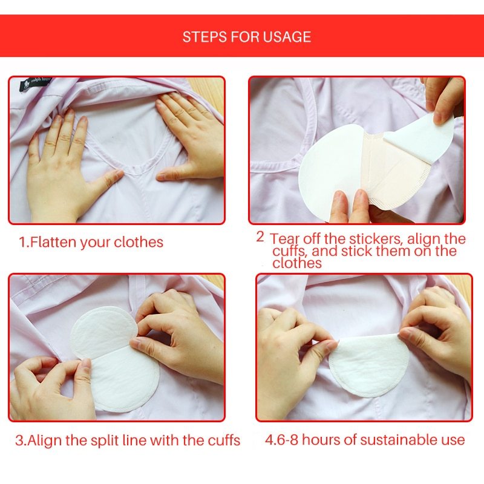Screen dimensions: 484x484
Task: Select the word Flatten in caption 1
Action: pyautogui.click(x=53, y=243)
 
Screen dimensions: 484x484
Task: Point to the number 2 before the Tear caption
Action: pyautogui.click(x=260, y=237)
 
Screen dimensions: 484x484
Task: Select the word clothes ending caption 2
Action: pyautogui.click(x=297, y=263)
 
